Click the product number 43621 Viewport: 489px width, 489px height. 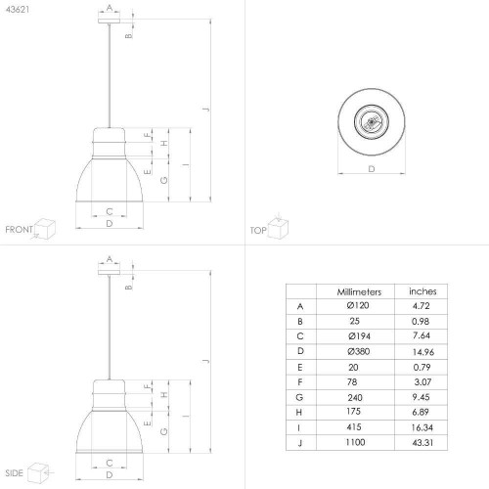[18, 10]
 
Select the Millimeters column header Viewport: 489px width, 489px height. [359, 291]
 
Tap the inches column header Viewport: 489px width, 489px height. [422, 291]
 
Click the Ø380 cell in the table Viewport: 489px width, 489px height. [359, 351]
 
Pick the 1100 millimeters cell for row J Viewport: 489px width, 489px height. [355, 442]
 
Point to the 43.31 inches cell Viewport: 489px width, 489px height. [422, 442]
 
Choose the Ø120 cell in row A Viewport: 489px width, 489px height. [358, 305]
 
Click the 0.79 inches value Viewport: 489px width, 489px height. [422, 367]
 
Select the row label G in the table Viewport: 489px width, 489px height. [299, 397]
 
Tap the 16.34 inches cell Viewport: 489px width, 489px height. [422, 427]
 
